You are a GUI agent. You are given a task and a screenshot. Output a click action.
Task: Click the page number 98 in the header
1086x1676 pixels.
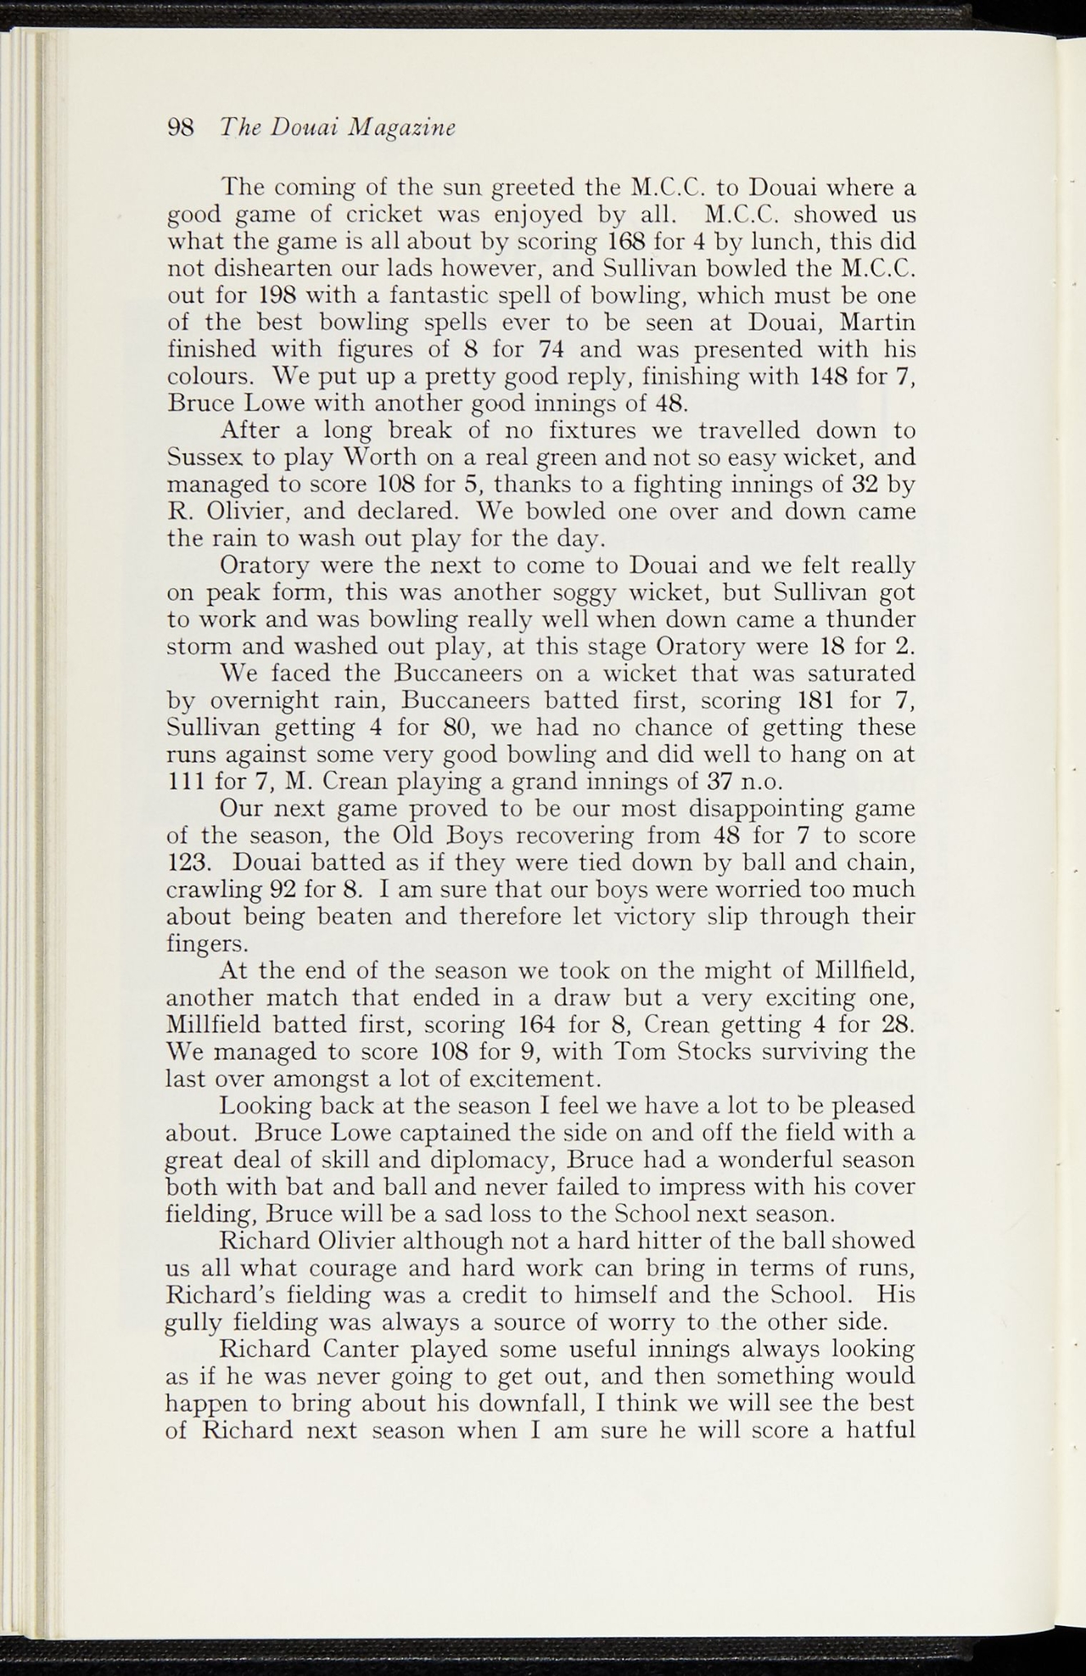[x=180, y=128]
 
